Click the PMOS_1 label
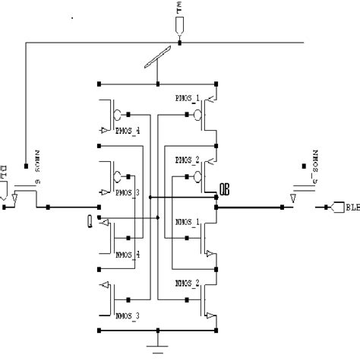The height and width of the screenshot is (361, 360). (187, 99)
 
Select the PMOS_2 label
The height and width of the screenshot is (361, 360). (187, 160)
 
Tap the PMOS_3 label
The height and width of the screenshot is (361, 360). (126, 193)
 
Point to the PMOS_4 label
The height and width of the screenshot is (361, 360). (126, 131)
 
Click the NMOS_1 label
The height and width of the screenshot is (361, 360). (187, 221)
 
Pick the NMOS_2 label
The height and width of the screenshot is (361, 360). (187, 283)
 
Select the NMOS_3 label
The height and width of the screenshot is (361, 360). (126, 314)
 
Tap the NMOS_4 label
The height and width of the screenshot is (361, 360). (126, 254)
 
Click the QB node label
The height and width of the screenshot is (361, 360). (225, 188)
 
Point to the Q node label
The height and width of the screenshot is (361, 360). (92, 220)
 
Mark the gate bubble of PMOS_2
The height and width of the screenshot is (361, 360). (197, 177)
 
